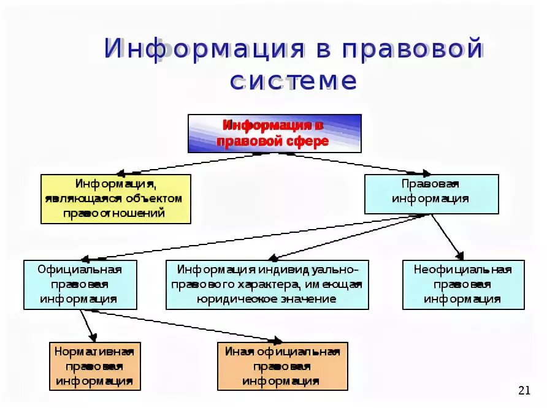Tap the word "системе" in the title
point(293,81)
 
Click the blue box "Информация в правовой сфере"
point(274,133)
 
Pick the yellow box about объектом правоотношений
point(115,198)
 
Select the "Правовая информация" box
point(431,194)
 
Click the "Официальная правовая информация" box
point(80,284)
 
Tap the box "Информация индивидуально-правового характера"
point(267,284)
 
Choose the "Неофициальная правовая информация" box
point(463,284)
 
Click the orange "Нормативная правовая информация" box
point(94,366)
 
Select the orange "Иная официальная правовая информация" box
point(282,366)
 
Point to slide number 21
point(524,391)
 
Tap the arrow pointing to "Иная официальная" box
point(184,325)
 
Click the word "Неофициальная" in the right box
point(463,270)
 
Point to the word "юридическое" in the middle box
point(228,299)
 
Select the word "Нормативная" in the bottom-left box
point(94,351)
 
